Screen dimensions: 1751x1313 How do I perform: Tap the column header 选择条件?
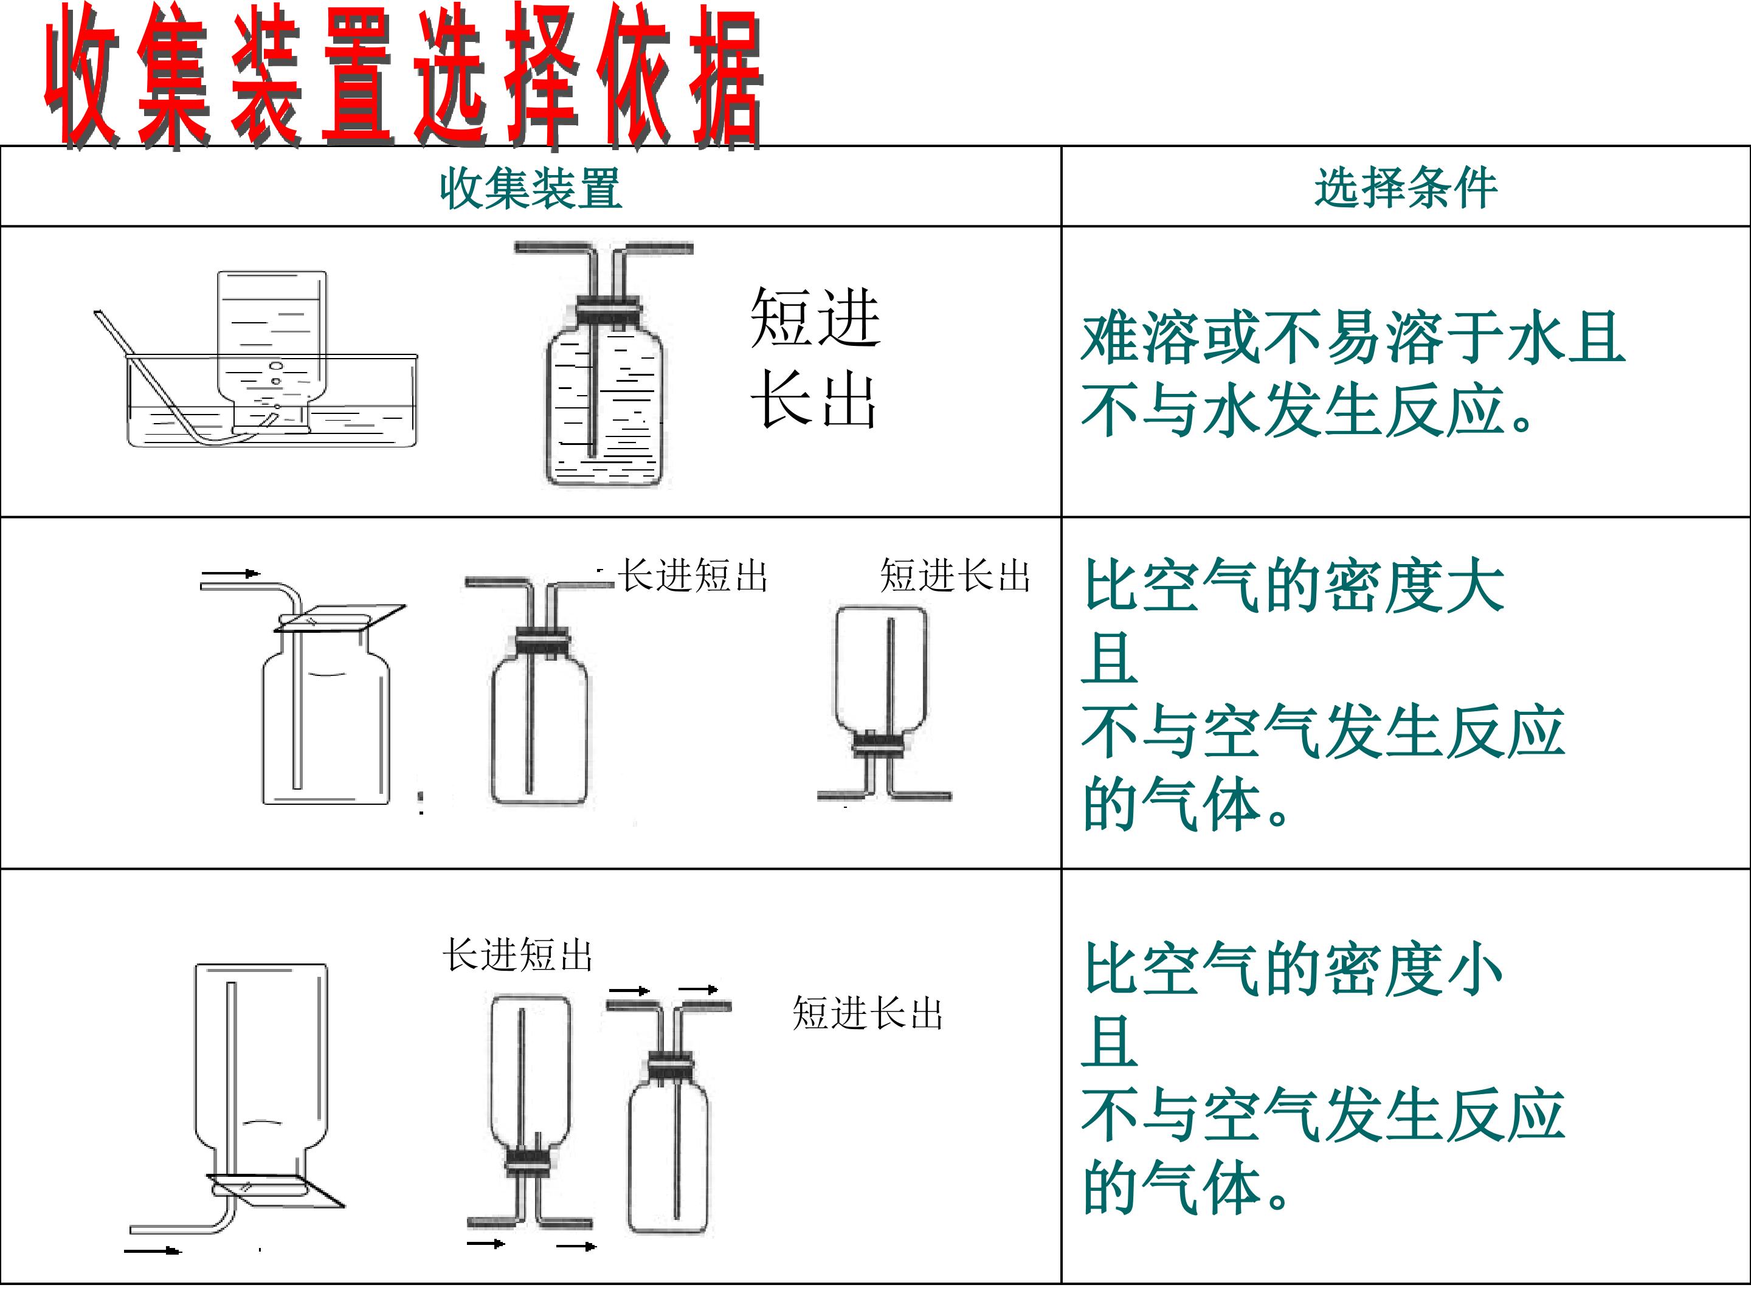pos(1406,188)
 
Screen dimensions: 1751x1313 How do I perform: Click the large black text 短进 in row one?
pos(815,317)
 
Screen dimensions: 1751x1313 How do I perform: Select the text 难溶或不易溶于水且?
pos(1353,338)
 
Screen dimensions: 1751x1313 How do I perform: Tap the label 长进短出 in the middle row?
pos(692,576)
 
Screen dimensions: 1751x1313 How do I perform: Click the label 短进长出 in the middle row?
pos(956,576)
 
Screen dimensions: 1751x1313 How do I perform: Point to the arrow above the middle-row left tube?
pos(230,573)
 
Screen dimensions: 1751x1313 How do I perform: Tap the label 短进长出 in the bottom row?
pos(868,1013)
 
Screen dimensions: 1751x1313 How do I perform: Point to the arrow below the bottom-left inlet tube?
pos(153,1250)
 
